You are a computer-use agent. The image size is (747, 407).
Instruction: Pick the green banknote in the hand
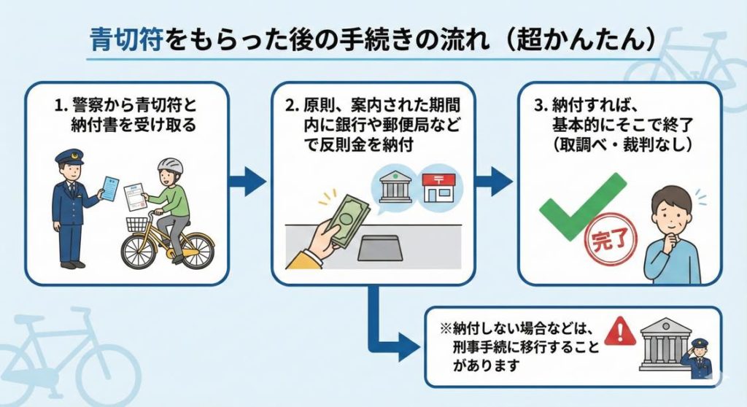[x=348, y=217]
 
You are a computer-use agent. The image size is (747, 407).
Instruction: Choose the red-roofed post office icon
[x=438, y=187]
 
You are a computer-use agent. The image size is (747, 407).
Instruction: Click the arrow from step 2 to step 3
[x=495, y=182]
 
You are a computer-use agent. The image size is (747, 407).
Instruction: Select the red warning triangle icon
[x=615, y=330]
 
